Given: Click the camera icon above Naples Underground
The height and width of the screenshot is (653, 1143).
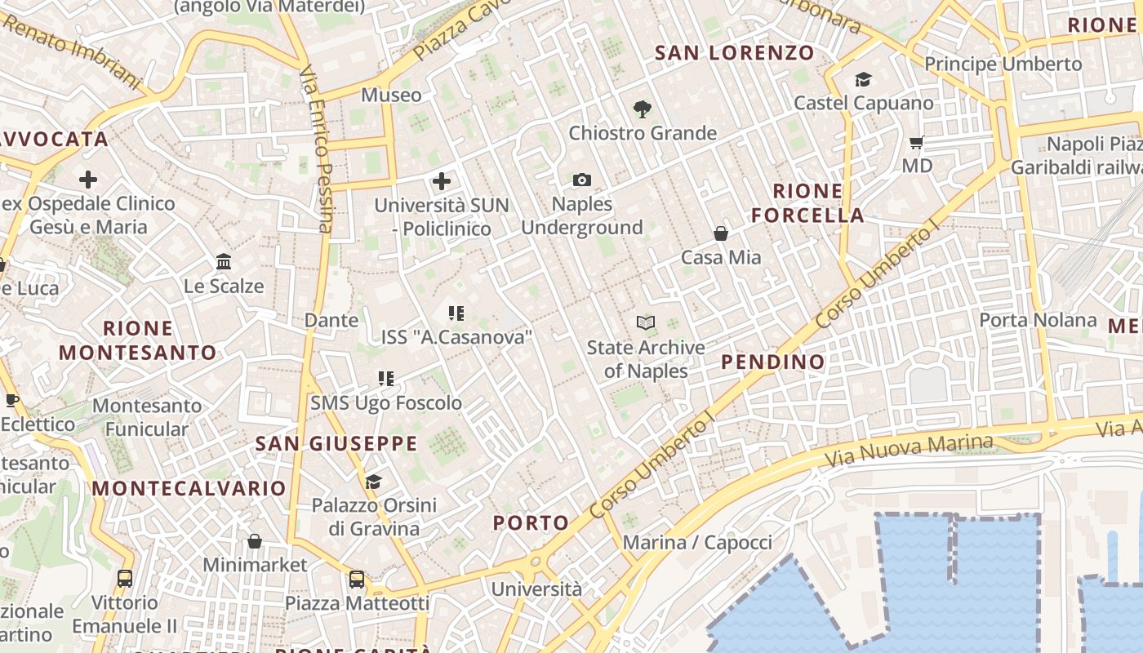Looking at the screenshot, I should pos(581,180).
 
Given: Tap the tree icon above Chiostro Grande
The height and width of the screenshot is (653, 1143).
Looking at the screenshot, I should pos(643,109).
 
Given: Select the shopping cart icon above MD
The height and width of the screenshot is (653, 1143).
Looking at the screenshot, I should pos(917,142).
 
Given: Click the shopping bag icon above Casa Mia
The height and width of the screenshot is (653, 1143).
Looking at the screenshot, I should pos(721,233).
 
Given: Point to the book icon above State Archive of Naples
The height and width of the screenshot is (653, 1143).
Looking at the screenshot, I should pos(646,323).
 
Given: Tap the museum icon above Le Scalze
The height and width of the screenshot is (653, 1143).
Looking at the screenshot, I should pos(224,262).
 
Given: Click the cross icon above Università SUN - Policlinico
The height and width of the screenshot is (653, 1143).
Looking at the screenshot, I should pos(442,180).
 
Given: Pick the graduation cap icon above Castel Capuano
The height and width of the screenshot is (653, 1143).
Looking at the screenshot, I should pos(863,79).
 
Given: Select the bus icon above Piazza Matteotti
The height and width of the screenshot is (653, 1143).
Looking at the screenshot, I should pos(357,580).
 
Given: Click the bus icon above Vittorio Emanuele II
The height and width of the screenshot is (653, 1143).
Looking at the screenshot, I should pos(124,579).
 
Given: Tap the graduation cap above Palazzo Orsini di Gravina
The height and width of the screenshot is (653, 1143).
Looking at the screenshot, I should pos(373,482).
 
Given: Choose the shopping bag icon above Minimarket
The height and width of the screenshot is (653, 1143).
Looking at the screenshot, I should pos(255,541).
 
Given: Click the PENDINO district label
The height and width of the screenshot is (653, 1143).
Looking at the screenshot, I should pos(773,362).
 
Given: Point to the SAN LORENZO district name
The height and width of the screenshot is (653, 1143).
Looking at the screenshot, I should pos(735,53).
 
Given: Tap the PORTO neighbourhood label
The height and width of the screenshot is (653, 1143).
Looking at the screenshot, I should pos(531,523).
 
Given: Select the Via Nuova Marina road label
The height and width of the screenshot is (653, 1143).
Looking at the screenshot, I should pos(909,450).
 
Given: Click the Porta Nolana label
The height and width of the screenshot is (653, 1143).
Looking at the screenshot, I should pos(1038,319).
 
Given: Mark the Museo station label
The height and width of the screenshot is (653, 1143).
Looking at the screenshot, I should pos(391,95).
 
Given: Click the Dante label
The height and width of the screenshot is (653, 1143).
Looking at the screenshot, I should pos(331,320).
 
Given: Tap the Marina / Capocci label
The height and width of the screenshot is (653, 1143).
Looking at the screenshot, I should pos(697,542).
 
